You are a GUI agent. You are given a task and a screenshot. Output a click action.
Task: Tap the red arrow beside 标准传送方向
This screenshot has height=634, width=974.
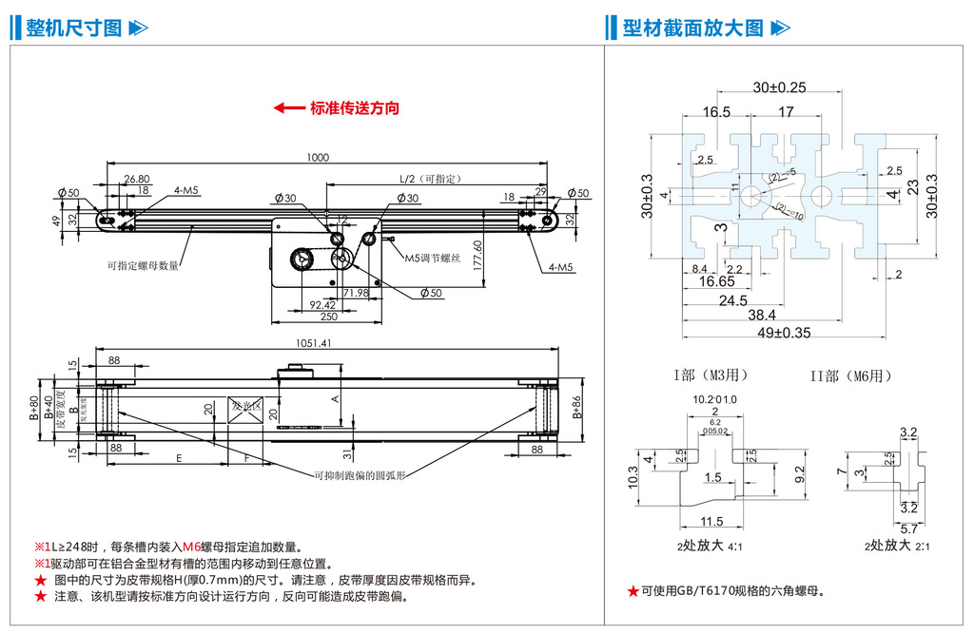coord(288,108)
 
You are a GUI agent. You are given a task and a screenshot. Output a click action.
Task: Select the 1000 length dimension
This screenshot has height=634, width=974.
coord(318,158)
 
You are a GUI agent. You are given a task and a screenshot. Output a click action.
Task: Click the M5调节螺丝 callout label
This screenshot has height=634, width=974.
coord(433,258)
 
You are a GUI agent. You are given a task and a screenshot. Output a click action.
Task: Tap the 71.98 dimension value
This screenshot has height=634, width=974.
coord(356,292)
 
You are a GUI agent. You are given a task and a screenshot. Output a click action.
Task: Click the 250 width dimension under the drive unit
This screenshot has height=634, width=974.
coord(329,317)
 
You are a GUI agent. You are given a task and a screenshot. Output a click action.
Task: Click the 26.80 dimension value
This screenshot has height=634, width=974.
coord(137,178)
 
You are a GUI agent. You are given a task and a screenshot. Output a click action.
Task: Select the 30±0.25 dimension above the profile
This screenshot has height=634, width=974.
coord(779,87)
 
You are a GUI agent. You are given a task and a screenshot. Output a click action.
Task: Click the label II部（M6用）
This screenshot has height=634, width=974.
coord(852,375)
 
